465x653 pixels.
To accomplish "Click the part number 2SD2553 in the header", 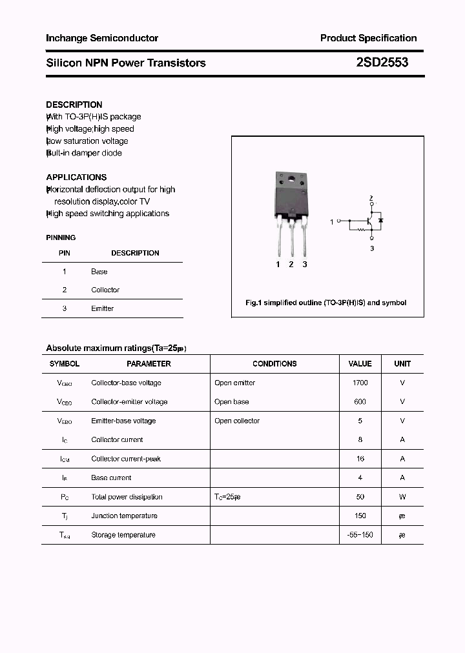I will (x=382, y=63).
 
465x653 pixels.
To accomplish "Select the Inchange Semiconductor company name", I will (x=102, y=38).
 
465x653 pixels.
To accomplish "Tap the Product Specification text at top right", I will (x=368, y=38).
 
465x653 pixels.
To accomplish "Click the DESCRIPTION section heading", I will (x=74, y=105).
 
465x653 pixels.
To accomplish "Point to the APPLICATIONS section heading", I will (x=76, y=177).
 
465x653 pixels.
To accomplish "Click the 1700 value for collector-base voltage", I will (x=360, y=383).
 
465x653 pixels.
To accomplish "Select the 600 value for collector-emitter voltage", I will (x=360, y=401).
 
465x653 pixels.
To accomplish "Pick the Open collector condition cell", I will (x=237, y=421).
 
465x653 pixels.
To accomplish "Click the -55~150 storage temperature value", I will (x=360, y=535).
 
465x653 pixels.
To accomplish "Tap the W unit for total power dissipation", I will (x=402, y=497).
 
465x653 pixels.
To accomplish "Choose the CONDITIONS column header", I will (x=274, y=364).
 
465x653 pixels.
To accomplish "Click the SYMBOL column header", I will (x=65, y=364).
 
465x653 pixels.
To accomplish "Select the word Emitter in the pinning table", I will (x=102, y=308).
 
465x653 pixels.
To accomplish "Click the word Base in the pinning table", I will (x=99, y=272).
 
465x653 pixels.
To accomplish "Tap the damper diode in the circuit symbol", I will (x=380, y=221).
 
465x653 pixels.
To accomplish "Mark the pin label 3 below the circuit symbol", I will (x=372, y=248).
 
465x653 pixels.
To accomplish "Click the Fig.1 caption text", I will (x=326, y=303).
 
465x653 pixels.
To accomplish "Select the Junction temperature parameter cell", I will (x=124, y=516).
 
